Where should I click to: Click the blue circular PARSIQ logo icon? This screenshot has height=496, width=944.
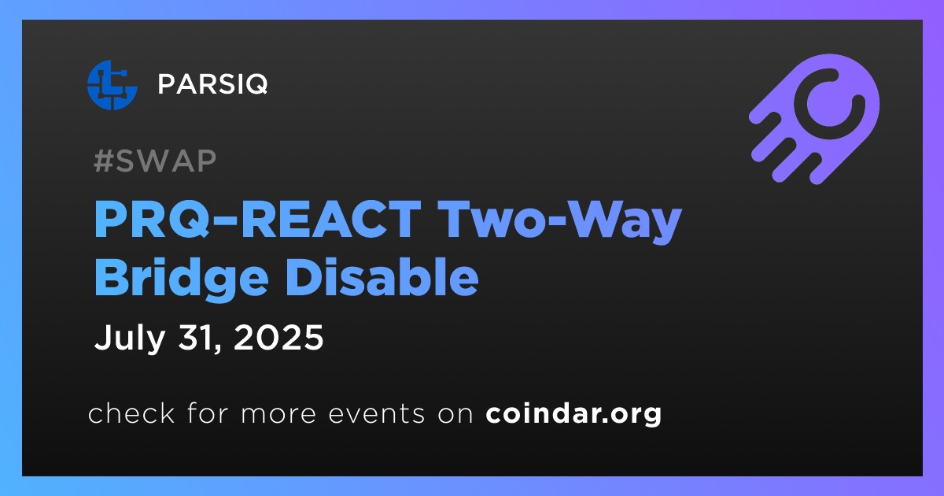(112, 85)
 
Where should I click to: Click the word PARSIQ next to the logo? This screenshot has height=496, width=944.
(213, 84)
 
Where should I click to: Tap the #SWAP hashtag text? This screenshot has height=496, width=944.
(155, 161)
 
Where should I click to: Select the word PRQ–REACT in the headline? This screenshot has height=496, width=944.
(257, 220)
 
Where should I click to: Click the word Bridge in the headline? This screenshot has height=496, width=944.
(182, 279)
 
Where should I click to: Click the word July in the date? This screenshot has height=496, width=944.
(129, 338)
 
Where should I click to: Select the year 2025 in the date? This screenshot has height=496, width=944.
(278, 338)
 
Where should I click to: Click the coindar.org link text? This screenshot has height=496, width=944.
(573, 414)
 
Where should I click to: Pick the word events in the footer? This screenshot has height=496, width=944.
(376, 414)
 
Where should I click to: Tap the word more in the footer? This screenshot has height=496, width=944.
(278, 415)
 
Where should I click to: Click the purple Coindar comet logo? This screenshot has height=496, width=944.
(814, 119)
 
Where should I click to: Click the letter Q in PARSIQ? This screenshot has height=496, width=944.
(255, 84)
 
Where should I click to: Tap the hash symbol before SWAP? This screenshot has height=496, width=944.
(104, 161)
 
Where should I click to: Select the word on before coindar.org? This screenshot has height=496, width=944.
(455, 415)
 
